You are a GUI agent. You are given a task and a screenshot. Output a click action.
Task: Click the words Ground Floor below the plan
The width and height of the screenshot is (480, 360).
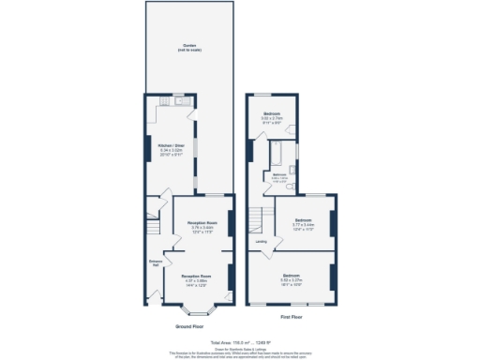pos(189,326)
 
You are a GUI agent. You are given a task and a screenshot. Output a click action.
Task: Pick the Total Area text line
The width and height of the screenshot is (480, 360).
pos(240,342)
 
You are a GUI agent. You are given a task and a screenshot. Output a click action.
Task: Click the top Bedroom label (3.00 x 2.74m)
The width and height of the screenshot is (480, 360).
pos(272,116)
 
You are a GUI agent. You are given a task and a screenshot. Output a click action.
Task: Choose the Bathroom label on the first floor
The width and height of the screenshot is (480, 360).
pos(279,175)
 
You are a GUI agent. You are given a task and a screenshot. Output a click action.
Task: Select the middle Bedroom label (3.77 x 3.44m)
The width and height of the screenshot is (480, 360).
pos(303,223)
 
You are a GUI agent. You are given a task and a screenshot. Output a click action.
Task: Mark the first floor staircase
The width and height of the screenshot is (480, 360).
pos(257,219)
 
